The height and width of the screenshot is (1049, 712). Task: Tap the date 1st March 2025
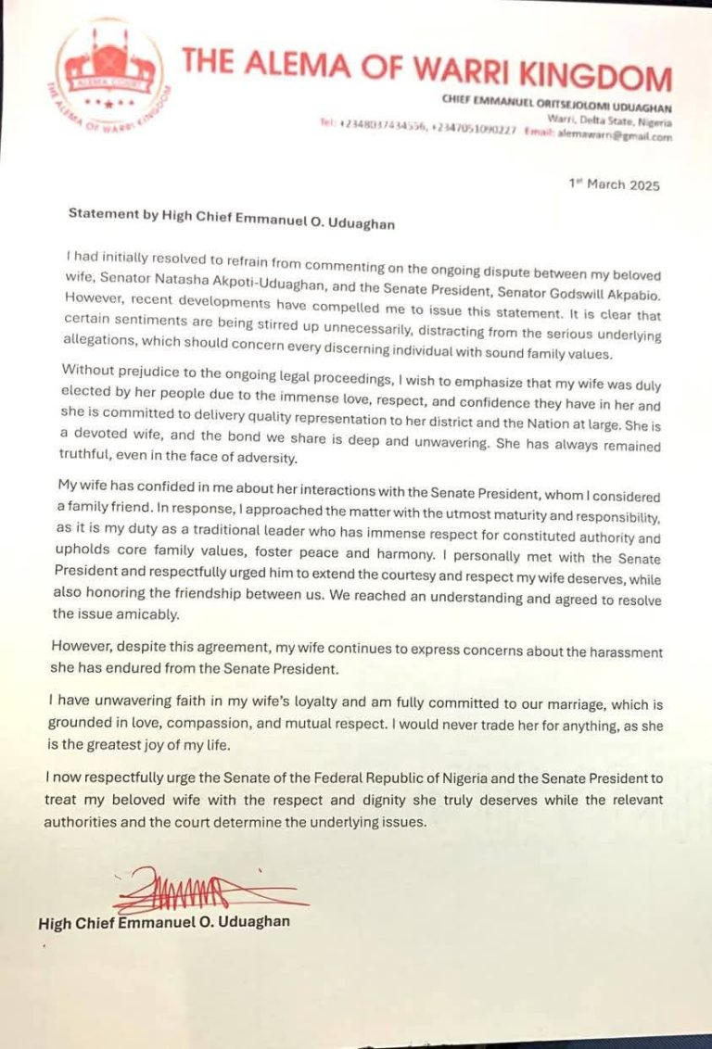pos(614,185)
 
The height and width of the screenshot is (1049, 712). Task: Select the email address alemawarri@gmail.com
pos(615,135)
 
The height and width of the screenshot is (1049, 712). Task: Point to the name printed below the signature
pos(164,923)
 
